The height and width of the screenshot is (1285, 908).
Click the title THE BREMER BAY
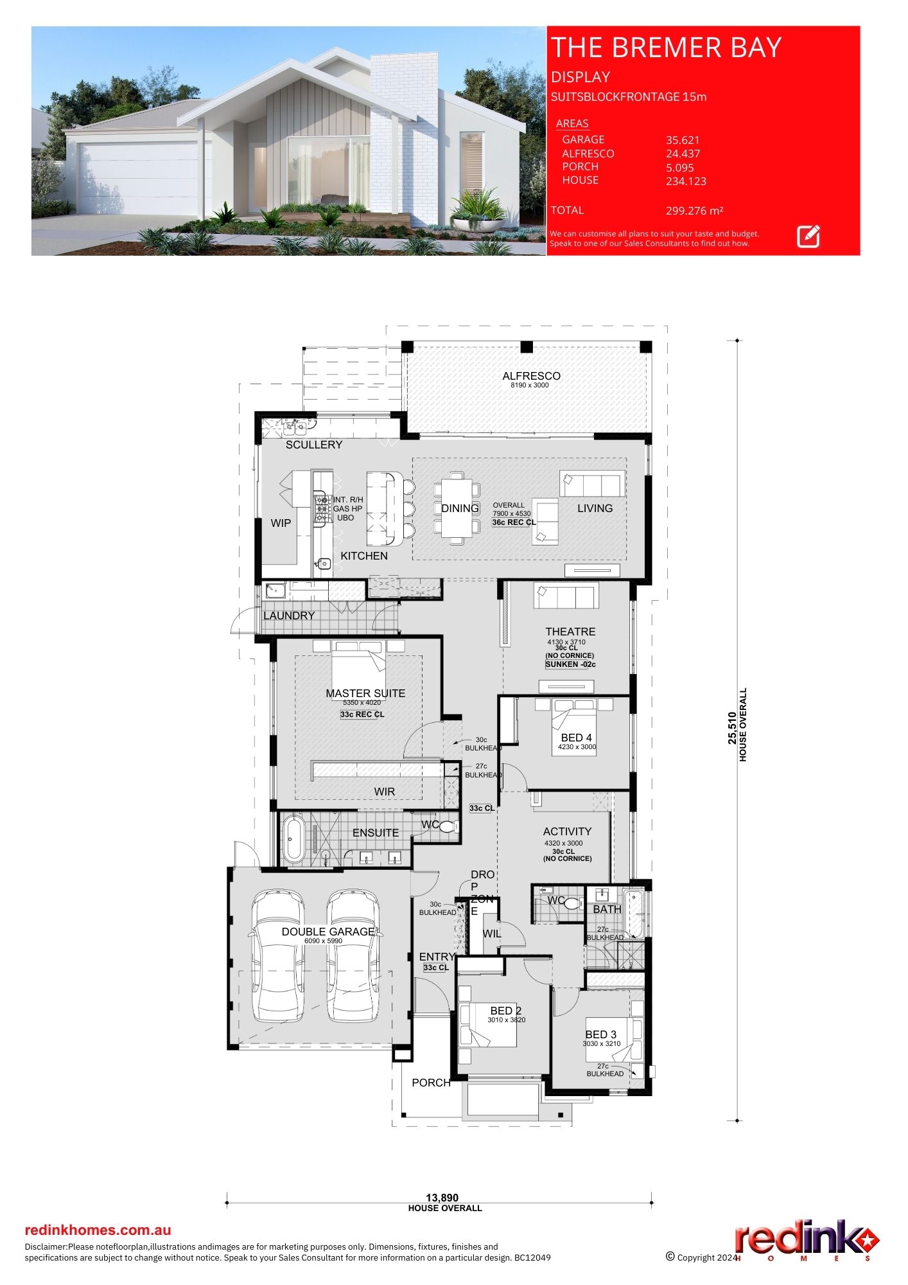click(666, 48)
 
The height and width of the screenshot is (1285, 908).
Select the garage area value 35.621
click(683, 140)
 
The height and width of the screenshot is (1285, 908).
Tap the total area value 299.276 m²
click(695, 211)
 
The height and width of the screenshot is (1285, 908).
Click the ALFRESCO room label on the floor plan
click(531, 376)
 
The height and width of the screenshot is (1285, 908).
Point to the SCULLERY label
click(314, 445)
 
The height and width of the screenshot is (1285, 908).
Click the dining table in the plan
click(457, 508)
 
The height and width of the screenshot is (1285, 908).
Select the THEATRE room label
click(570, 632)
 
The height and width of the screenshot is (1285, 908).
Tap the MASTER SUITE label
click(365, 693)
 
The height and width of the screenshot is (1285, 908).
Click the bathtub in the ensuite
click(295, 838)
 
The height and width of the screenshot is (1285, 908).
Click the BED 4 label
click(576, 738)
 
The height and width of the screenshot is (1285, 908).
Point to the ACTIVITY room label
click(567, 831)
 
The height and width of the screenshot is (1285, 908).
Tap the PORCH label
click(431, 1083)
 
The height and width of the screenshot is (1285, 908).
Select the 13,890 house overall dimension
click(442, 1198)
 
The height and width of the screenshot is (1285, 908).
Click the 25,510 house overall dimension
click(732, 728)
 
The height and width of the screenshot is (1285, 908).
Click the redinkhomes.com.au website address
click(98, 1230)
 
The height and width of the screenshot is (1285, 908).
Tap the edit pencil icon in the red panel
click(808, 236)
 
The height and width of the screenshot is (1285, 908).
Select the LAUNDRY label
click(289, 616)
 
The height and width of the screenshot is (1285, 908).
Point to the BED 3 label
click(600, 1034)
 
